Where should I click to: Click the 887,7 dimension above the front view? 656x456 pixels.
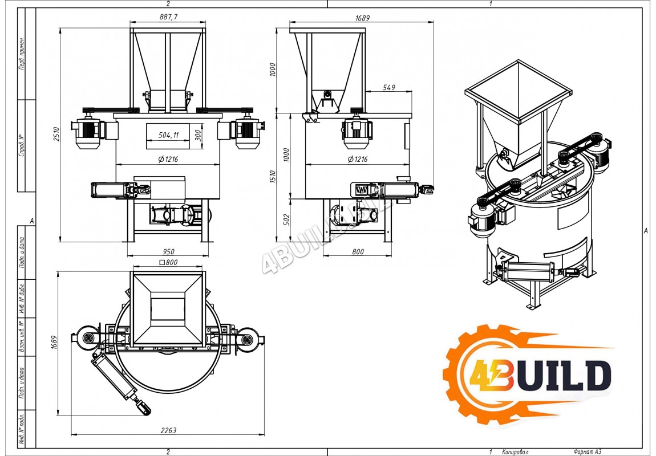(168, 17)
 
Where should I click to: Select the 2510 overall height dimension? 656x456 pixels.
(56, 134)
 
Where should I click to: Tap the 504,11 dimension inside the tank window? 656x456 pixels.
(168, 135)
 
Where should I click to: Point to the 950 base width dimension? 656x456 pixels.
(168, 251)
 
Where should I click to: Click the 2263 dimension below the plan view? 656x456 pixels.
(168, 430)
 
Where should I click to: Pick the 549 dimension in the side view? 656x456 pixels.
(388, 87)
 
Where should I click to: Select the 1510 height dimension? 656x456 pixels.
(273, 176)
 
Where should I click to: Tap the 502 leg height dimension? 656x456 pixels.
(286, 220)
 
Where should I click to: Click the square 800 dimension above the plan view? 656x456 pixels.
(169, 262)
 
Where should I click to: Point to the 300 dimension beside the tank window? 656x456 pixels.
(198, 135)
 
